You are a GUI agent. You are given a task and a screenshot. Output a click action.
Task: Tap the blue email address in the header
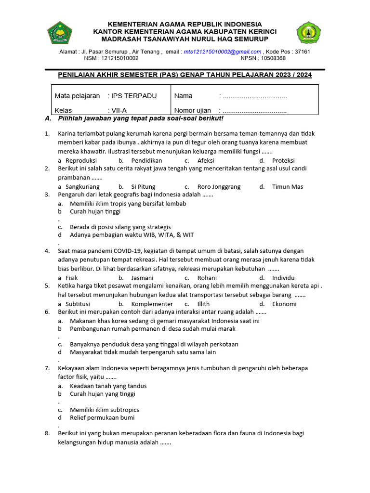pos(222,52)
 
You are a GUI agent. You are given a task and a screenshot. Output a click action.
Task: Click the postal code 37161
pos(302,52)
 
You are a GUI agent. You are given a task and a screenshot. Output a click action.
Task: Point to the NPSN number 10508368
pos(273,58)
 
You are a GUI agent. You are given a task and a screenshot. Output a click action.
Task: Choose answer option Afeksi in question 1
pos(206,160)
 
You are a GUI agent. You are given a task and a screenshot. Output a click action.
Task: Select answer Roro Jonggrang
pos(219,187)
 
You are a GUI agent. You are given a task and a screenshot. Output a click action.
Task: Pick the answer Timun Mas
pos(288,187)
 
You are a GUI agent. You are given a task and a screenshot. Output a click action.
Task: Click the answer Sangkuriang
pos(82,187)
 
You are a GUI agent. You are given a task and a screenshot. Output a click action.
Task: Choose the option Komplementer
pos(152,304)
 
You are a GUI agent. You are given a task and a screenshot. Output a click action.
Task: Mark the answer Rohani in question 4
pos(207,278)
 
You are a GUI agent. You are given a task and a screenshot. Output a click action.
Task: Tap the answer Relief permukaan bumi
pos(102,417)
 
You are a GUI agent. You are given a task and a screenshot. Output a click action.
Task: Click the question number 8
pos(47,433)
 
